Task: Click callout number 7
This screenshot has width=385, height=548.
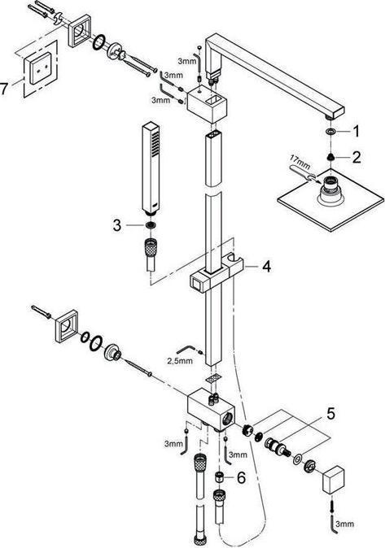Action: pos(4,88)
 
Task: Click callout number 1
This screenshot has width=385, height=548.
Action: pos(356,132)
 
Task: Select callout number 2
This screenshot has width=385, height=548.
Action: pos(357,157)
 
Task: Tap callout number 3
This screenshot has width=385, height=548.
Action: pos(117,225)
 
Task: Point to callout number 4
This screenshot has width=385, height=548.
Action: pos(266,267)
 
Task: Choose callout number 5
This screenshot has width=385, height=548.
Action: pos(330,414)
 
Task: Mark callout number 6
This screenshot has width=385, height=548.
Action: pos(242,478)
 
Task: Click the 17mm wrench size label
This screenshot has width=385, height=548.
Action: pos(300,162)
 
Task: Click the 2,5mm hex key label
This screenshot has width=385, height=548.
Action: pos(180,361)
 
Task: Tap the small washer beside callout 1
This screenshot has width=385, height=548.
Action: pos(330,132)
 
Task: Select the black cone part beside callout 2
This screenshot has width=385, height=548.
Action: pos(330,157)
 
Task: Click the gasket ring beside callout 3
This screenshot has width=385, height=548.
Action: pos(151,225)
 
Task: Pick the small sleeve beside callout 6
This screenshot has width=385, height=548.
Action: pos(220,476)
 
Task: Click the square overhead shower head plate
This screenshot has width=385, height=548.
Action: pos(330,200)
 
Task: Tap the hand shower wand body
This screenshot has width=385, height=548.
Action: pos(151,167)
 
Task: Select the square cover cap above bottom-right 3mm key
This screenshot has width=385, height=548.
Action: pos(332,480)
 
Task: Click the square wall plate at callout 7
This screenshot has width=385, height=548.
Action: pos(40,68)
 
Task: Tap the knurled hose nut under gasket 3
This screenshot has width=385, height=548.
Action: pos(151,246)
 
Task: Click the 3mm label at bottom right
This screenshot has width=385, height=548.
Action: pos(344,524)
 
